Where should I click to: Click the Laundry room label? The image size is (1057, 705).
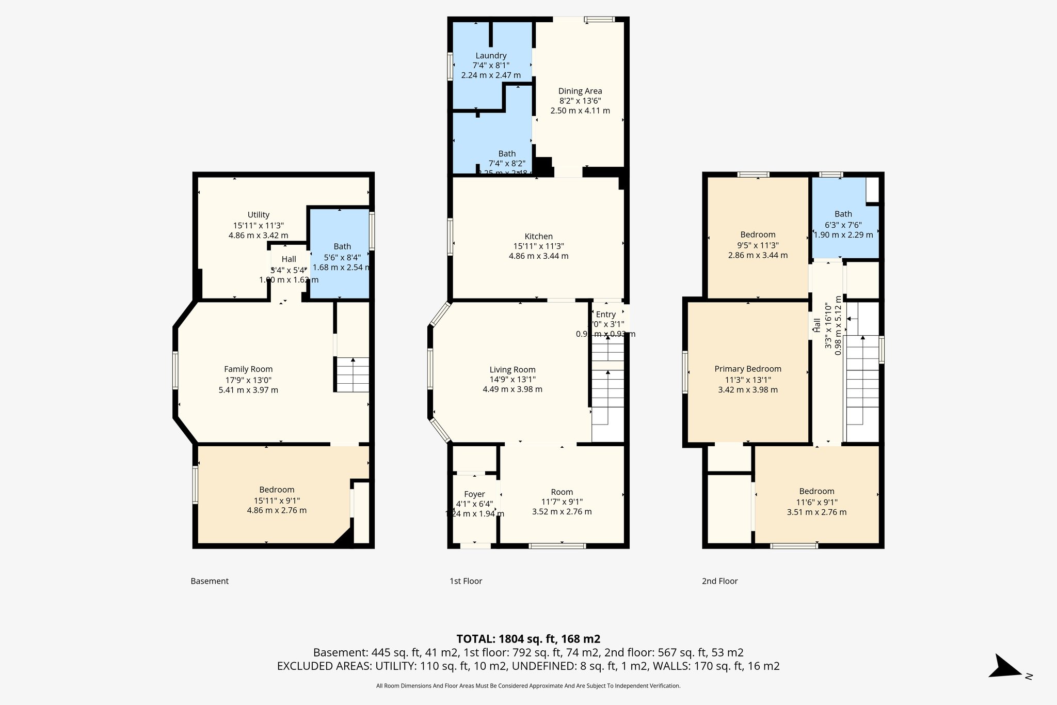pyautogui.click(x=491, y=56)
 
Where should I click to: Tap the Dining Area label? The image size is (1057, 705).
pyautogui.click(x=580, y=91)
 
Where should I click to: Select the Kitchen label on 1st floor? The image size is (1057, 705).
pyautogui.click(x=538, y=237)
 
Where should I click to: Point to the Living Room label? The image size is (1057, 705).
pyautogui.click(x=513, y=370)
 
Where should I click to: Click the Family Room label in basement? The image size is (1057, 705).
pyautogui.click(x=248, y=369)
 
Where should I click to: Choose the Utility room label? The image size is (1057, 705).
pyautogui.click(x=258, y=215)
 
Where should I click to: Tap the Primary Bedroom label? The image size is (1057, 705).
pyautogui.click(x=748, y=369)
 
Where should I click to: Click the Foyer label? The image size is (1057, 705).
pyautogui.click(x=474, y=494)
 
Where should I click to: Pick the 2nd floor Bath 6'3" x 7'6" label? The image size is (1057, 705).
pyautogui.click(x=843, y=214)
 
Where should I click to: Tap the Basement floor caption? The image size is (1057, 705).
pyautogui.click(x=210, y=581)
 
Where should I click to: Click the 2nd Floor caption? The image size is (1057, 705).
pyautogui.click(x=719, y=581)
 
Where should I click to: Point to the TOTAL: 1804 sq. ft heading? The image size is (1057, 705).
pyautogui.click(x=528, y=639)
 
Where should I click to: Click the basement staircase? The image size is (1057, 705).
pyautogui.click(x=353, y=374)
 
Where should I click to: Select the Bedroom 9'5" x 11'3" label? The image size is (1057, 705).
pyautogui.click(x=758, y=235)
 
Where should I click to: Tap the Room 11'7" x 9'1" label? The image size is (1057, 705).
pyautogui.click(x=562, y=492)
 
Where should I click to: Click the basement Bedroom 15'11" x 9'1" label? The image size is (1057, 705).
pyautogui.click(x=277, y=490)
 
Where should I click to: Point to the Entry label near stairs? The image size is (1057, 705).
pyautogui.click(x=605, y=315)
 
